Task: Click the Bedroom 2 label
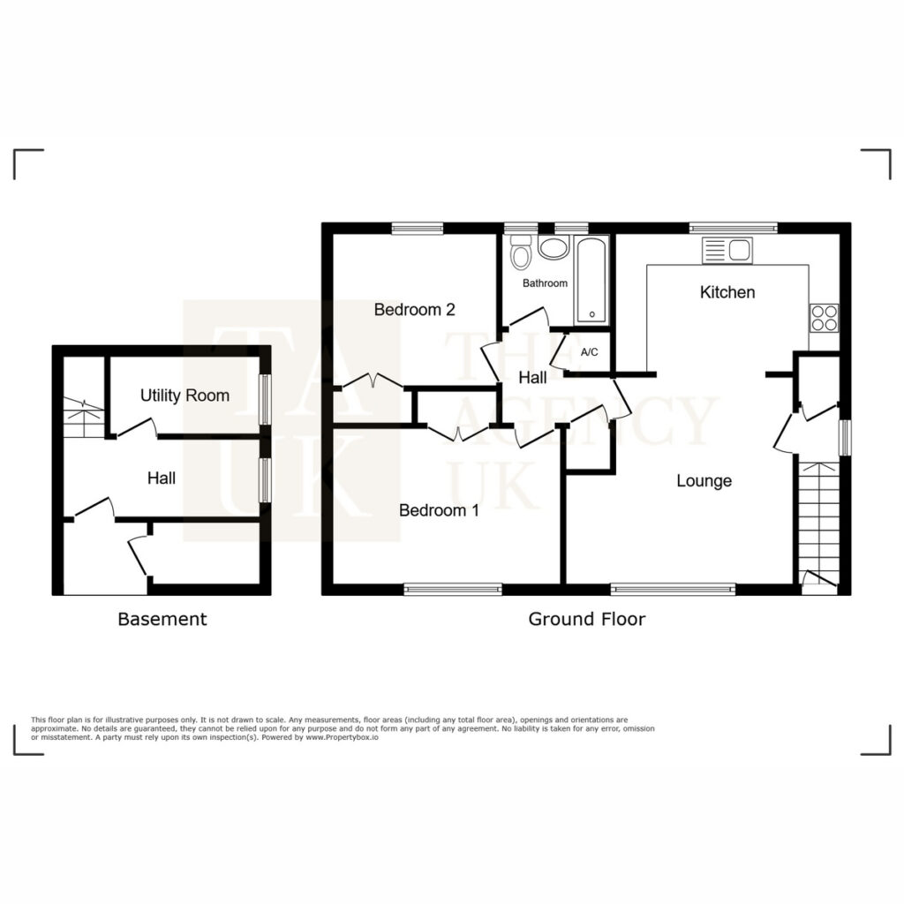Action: pos(415,310)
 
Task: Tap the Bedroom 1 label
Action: pos(439,510)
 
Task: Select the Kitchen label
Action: pos(727,291)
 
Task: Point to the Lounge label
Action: pos(704,481)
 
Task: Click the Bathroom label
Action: pos(545,283)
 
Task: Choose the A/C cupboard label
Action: pos(589,351)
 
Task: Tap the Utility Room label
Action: pos(185,395)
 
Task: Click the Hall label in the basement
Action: pos(162,478)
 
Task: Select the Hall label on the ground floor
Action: pos(532,378)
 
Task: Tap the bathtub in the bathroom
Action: pos(591,280)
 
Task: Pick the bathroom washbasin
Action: pos(554,247)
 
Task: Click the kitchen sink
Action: pos(727,250)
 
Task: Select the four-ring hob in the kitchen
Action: pos(824,318)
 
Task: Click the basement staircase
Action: pos(84,417)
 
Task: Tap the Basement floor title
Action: pos(162,619)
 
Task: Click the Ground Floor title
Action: pos(587,619)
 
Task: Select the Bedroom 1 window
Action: pos(453,589)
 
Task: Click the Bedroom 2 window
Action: pos(418,229)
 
